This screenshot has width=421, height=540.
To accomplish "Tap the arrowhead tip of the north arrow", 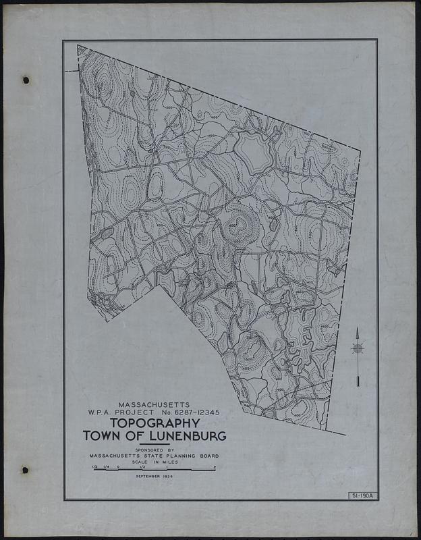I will [x=358, y=329].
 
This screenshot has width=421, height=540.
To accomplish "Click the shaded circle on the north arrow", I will [x=358, y=348].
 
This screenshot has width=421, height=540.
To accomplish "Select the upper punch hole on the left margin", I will [x=26, y=80].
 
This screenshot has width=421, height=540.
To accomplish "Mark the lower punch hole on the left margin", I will [x=26, y=470].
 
